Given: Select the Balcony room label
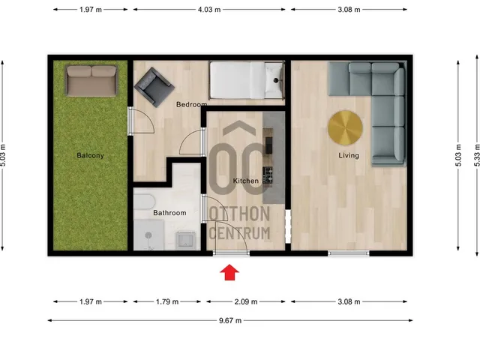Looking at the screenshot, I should pyautogui.click(x=90, y=156).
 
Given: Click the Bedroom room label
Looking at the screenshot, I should pyautogui.click(x=191, y=105).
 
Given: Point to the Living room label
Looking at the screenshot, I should pyautogui.click(x=349, y=156).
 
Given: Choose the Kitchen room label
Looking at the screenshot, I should pyautogui.click(x=246, y=181).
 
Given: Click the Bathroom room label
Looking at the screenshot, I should pyautogui.click(x=169, y=213).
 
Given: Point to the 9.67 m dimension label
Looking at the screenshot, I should pyautogui.click(x=229, y=320).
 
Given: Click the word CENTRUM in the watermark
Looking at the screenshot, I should pyautogui.click(x=239, y=234).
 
